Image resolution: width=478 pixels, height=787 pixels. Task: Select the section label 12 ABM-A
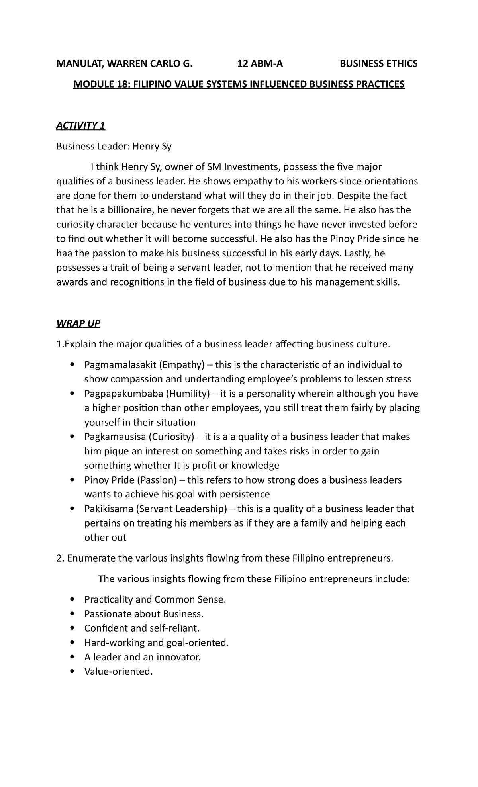[x=260, y=63]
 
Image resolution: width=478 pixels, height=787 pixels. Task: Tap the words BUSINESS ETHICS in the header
[x=378, y=63]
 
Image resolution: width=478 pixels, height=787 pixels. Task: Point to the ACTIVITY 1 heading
[x=80, y=126]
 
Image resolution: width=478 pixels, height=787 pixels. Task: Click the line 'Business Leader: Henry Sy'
[x=114, y=147]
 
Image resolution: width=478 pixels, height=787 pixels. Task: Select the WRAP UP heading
[x=78, y=323]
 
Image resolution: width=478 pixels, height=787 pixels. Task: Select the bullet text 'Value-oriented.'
[x=118, y=671]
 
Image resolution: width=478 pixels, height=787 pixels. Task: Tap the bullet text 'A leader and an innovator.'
[x=142, y=657]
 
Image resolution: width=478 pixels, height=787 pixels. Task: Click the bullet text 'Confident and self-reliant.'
[x=141, y=628]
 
